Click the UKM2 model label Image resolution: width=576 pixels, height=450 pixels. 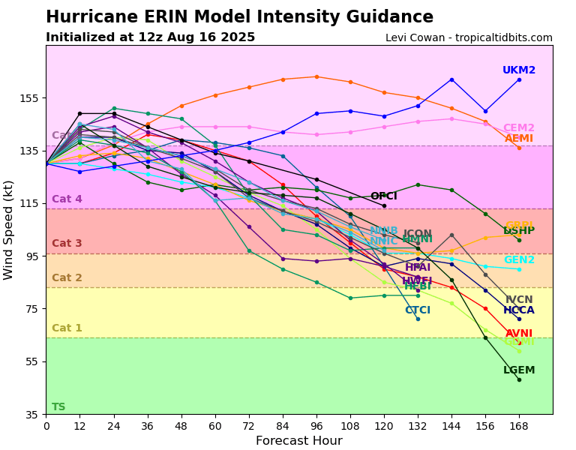click(519, 70)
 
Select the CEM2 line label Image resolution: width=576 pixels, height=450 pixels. click(519, 128)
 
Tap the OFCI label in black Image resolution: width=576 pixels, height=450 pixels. click(383, 196)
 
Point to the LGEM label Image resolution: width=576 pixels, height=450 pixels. click(519, 370)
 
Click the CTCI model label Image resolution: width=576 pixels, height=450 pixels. click(418, 310)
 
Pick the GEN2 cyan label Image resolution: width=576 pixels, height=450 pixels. click(519, 260)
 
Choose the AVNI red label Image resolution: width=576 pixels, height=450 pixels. click(519, 334)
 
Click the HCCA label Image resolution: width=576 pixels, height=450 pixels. click(519, 310)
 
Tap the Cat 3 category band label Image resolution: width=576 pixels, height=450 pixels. click(67, 244)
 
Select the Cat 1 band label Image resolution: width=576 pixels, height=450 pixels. click(67, 328)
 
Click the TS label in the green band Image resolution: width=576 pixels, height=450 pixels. click(58, 407)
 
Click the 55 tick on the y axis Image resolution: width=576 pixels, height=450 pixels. click(32, 361)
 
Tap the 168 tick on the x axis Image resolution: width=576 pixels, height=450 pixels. click(519, 426)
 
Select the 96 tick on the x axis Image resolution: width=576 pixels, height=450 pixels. click(316, 426)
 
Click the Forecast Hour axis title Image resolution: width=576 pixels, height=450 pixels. click(298, 441)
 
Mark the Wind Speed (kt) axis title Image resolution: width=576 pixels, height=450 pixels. click(9, 229)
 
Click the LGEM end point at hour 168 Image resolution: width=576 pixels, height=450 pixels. click(519, 379)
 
